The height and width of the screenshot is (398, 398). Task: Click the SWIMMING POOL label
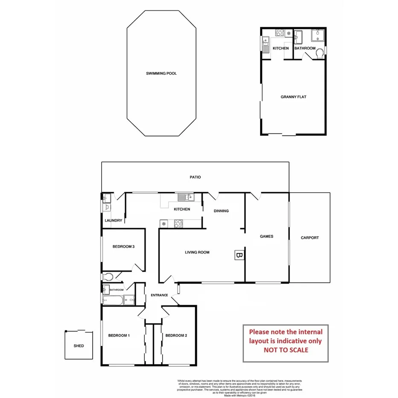tap(161, 73)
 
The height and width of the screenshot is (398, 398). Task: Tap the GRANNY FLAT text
tap(293, 97)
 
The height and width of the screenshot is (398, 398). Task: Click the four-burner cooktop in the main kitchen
tap(178, 222)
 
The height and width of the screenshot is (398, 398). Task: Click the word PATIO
tap(195, 177)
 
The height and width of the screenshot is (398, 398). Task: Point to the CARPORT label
tap(310, 238)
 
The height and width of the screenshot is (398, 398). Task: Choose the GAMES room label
tap(266, 236)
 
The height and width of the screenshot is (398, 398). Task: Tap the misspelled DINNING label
tap(221, 211)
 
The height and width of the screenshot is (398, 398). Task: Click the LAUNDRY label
tap(114, 220)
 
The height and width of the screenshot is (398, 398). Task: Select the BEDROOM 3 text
tap(124, 246)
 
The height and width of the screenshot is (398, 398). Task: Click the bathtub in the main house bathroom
tap(113, 301)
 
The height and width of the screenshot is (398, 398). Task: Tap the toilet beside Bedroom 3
tap(108, 277)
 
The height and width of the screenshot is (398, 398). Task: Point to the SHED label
tap(79, 346)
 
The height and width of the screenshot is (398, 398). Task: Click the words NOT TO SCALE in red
tap(286, 350)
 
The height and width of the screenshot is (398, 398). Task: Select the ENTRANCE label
tap(159, 295)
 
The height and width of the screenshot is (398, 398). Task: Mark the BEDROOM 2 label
tap(176, 336)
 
